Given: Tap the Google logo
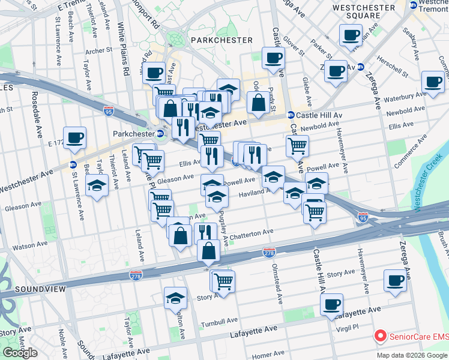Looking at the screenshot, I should pyautogui.click(x=20, y=353).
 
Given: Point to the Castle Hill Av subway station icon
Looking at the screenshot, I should pyautogui.click(x=291, y=115).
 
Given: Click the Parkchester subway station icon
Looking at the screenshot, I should pyautogui.click(x=160, y=133).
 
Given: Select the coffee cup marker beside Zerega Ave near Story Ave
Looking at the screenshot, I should pyautogui.click(x=396, y=280).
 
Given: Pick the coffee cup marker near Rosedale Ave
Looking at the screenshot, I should pyautogui.click(x=75, y=137).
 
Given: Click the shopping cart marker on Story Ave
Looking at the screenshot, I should pyautogui.click(x=223, y=280).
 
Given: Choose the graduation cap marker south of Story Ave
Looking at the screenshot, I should pyautogui.click(x=175, y=297).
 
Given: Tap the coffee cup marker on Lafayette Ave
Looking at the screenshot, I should pyautogui.click(x=331, y=304).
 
